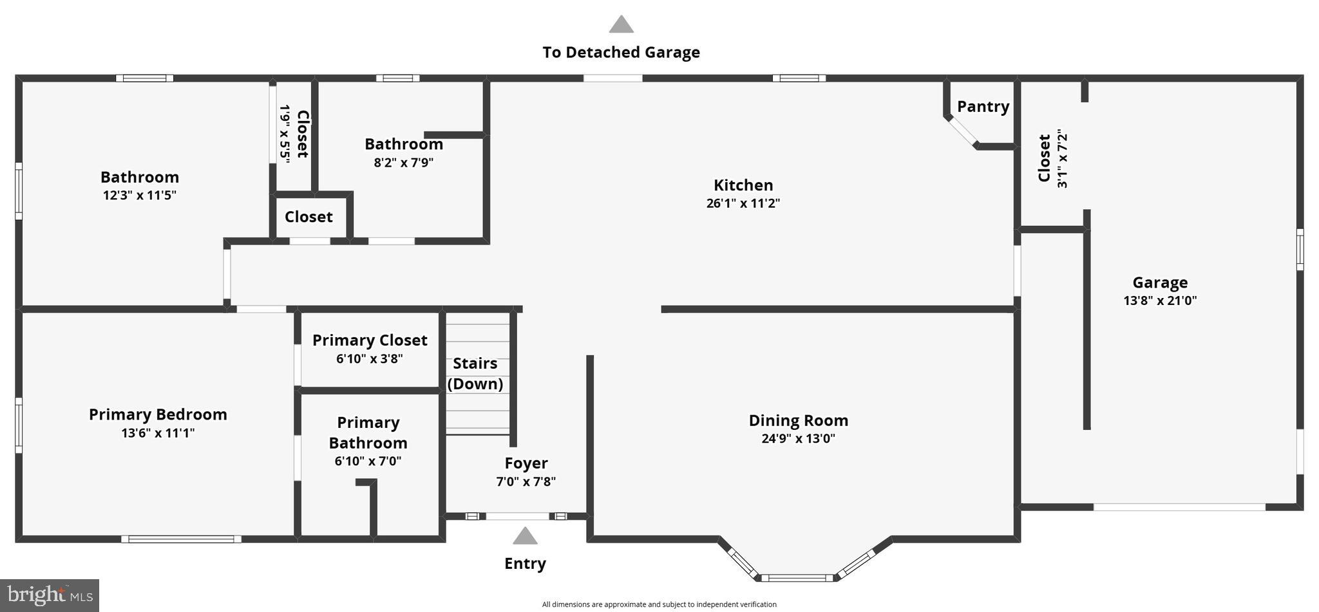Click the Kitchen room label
pos(743,185)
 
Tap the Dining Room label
pos(798,421)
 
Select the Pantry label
pos(983,107)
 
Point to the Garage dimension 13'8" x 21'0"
pos(1160,301)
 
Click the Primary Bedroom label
pos(158,414)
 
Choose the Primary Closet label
pos(370,340)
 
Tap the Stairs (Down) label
pos(475,374)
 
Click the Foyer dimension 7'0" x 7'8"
pos(526,481)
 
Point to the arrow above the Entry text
pos(525,536)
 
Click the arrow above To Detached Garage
pos(621,24)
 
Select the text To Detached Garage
pos(621,53)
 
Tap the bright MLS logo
pos(49,595)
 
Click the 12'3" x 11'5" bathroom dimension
pos(140,195)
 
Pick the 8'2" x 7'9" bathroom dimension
pos(404,162)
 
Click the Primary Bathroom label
pos(368,433)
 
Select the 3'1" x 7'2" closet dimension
pos(1062,158)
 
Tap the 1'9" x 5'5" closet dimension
pos(284,134)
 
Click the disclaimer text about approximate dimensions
pos(659,604)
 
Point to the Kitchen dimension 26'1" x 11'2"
pos(743,203)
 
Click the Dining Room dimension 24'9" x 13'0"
pos(798,439)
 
